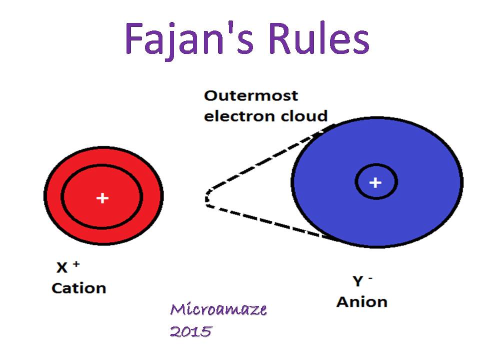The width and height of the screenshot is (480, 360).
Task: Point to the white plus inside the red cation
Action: [x=102, y=198]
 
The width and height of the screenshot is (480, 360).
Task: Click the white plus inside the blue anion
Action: [x=375, y=182]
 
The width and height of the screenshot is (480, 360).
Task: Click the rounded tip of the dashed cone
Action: [x=206, y=198]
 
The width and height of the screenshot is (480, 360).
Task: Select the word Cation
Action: [x=79, y=288]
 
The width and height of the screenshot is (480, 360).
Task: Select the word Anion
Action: [x=361, y=302]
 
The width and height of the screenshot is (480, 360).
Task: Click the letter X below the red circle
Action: [x=61, y=268]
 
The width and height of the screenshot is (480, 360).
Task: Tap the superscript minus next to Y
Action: [x=370, y=278]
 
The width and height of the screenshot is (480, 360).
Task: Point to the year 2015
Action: [x=190, y=331]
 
